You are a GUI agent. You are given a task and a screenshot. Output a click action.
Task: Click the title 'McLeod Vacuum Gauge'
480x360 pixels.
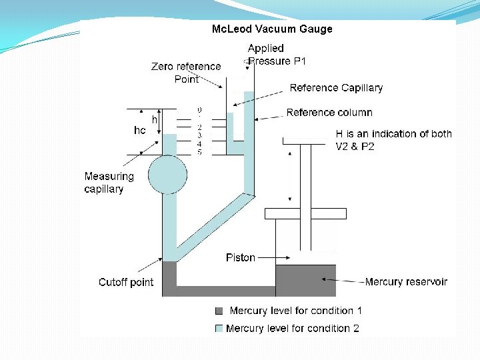(x=271, y=29)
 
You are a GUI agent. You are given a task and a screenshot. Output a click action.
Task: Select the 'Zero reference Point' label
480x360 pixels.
(x=186, y=73)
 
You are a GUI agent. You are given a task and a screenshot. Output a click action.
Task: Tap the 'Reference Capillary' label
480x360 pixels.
(x=336, y=88)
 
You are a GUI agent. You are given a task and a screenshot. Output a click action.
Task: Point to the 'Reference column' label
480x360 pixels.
(x=329, y=112)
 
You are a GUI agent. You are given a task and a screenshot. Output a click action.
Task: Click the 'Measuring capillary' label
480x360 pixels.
(x=109, y=183)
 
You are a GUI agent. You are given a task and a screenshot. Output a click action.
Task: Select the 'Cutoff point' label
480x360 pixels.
(x=126, y=282)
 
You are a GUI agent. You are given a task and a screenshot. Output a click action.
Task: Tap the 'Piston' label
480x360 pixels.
(x=240, y=257)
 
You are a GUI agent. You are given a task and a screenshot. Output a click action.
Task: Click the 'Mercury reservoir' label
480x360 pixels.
(x=406, y=282)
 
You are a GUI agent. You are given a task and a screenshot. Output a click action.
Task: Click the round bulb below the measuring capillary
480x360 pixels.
(x=167, y=175)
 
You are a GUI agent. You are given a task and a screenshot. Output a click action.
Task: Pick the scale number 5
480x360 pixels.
(x=199, y=152)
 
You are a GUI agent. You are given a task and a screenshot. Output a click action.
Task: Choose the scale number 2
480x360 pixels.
(x=199, y=127)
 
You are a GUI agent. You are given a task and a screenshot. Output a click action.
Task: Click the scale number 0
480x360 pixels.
(x=199, y=110)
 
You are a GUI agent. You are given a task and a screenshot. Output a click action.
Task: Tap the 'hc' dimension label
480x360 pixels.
(x=139, y=131)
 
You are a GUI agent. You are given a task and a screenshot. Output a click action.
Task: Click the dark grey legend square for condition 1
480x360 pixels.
(x=219, y=311)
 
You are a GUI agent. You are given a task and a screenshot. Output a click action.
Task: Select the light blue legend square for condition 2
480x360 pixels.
(x=219, y=328)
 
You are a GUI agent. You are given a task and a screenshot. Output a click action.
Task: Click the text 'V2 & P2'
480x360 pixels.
(x=355, y=147)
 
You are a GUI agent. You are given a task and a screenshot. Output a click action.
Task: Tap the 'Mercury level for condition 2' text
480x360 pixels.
(x=293, y=328)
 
